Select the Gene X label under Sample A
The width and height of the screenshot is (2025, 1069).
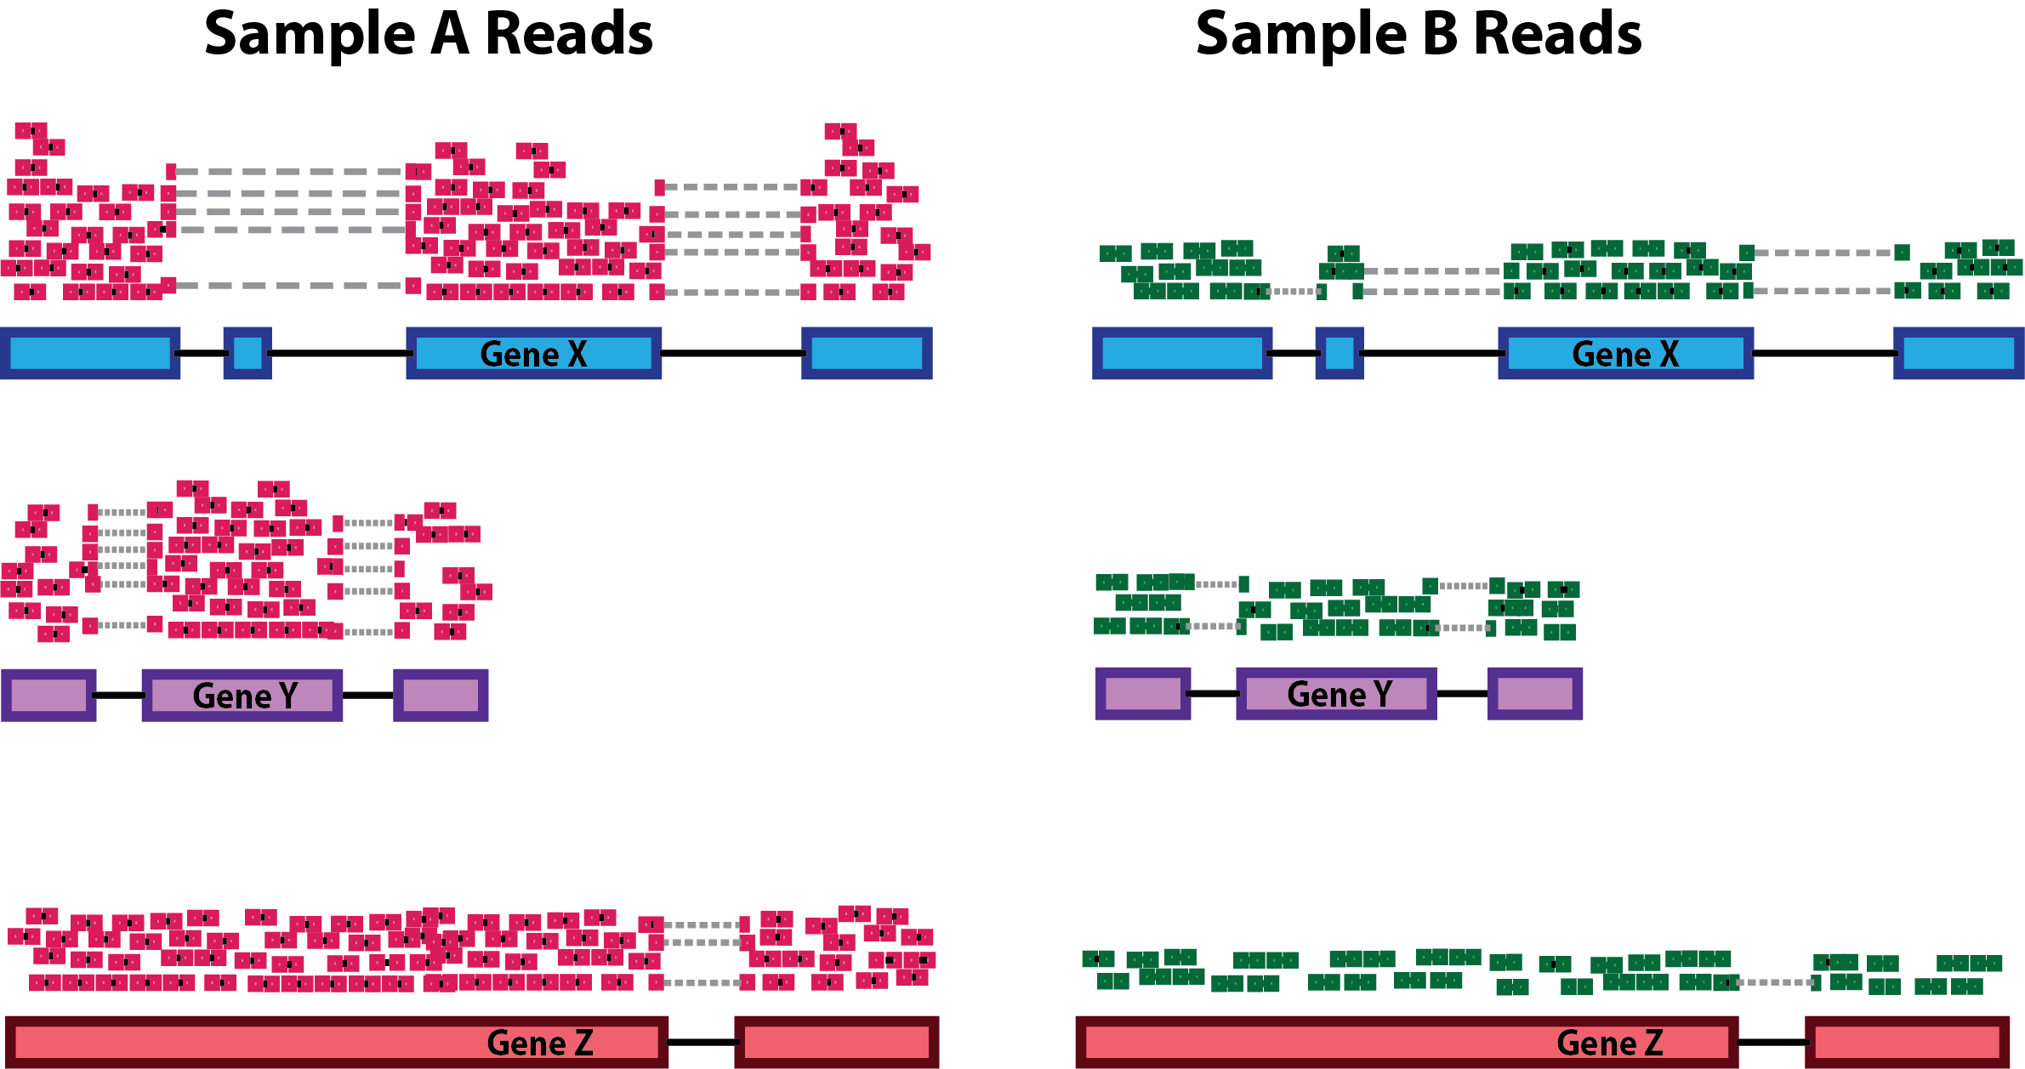tap(533, 354)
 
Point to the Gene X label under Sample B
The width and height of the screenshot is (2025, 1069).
tap(1625, 354)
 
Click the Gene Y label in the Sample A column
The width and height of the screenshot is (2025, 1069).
tap(245, 696)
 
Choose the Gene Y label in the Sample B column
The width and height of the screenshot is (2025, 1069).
tap(1340, 694)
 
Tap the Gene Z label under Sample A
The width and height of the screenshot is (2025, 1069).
tap(539, 1043)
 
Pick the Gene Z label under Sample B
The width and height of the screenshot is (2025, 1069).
tap(1609, 1043)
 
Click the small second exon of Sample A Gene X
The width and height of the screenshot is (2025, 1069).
tap(247, 353)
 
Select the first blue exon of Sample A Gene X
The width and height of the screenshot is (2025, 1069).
tap(90, 353)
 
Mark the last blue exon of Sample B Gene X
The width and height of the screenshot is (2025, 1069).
tap(1958, 353)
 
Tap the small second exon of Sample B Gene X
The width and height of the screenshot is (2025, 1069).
tap(1339, 353)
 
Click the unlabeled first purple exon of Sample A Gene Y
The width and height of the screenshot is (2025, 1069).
tap(48, 695)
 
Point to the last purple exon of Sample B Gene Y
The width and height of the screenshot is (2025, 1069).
tap(1534, 693)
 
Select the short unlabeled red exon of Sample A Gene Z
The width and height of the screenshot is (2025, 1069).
tap(836, 1042)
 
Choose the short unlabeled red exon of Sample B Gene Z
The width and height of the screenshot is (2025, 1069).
tap(1907, 1042)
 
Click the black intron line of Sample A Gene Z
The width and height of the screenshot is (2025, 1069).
tap(701, 1042)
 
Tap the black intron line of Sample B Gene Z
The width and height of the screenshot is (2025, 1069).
tap(1772, 1042)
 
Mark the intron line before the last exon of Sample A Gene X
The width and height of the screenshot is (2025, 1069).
tap(731, 353)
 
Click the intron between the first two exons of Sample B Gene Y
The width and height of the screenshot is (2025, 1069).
tap(1213, 693)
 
